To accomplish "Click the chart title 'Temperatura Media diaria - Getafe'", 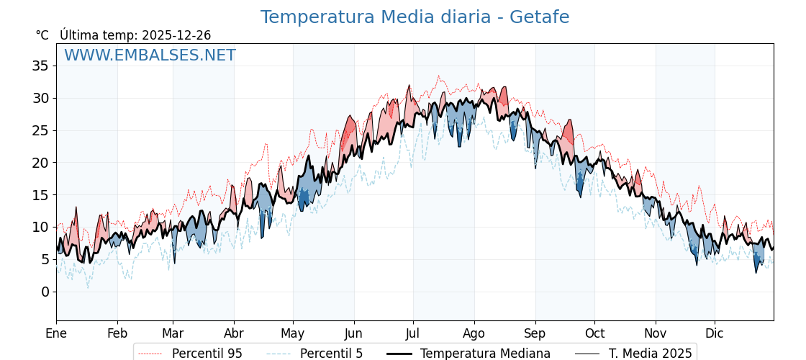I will [415, 17].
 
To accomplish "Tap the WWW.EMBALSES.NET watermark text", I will [150, 55].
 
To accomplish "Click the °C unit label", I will [42, 35].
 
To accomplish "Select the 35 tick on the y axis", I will [40, 66].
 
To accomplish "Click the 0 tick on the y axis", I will [45, 292].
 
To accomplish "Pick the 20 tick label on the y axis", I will [40, 163].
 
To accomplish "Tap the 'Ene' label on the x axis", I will [56, 333].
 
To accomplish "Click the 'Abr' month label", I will [234, 333].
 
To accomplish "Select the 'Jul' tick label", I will [413, 333].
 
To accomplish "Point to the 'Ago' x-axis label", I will [474, 333].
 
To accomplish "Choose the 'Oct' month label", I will [594, 333].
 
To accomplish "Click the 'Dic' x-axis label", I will [715, 333].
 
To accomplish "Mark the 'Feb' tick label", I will [117, 333].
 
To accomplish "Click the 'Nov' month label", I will [656, 333].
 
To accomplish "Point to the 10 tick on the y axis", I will [40, 227].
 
